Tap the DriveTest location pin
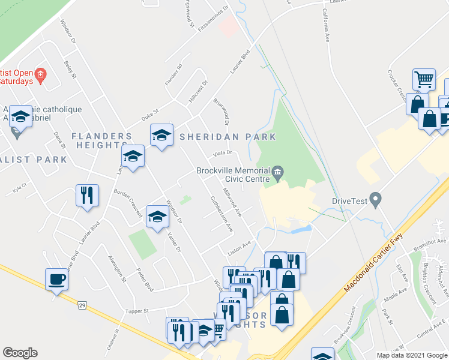376,198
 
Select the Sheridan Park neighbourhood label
228,137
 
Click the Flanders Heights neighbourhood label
101,140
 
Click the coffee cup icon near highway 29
57,280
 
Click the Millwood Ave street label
232,203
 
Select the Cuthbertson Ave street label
221,214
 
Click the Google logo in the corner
20,353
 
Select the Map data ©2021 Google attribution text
411,355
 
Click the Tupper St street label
137,311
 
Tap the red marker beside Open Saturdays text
40,75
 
